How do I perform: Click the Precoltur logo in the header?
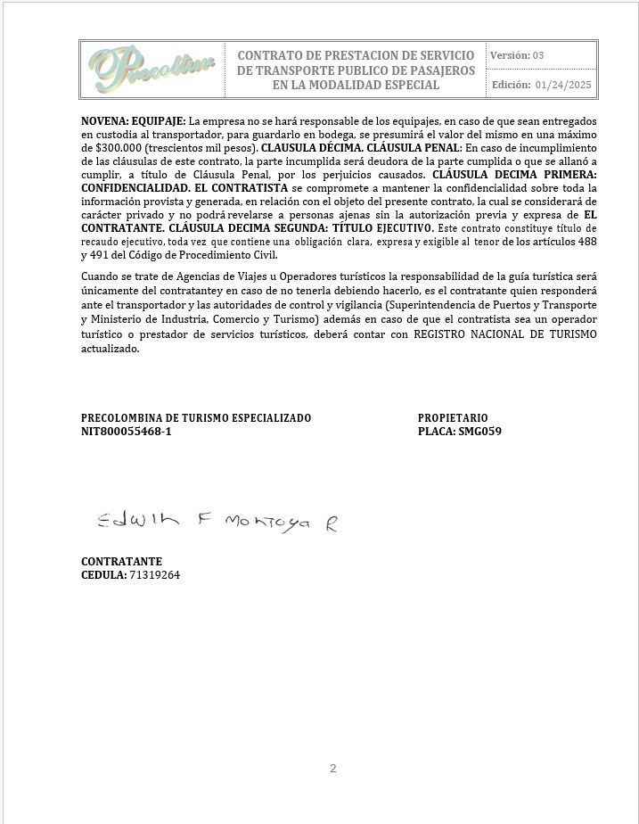tap(151, 69)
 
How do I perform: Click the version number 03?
tap(537, 55)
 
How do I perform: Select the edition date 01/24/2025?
tap(563, 85)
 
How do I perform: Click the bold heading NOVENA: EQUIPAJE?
tap(134, 119)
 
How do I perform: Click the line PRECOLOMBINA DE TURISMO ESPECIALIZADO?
tap(196, 417)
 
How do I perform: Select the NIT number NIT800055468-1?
tap(126, 431)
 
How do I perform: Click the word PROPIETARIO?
tap(453, 417)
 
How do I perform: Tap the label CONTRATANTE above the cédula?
tap(121, 562)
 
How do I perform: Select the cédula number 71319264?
tap(155, 575)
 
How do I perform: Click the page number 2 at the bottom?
tap(332, 769)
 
